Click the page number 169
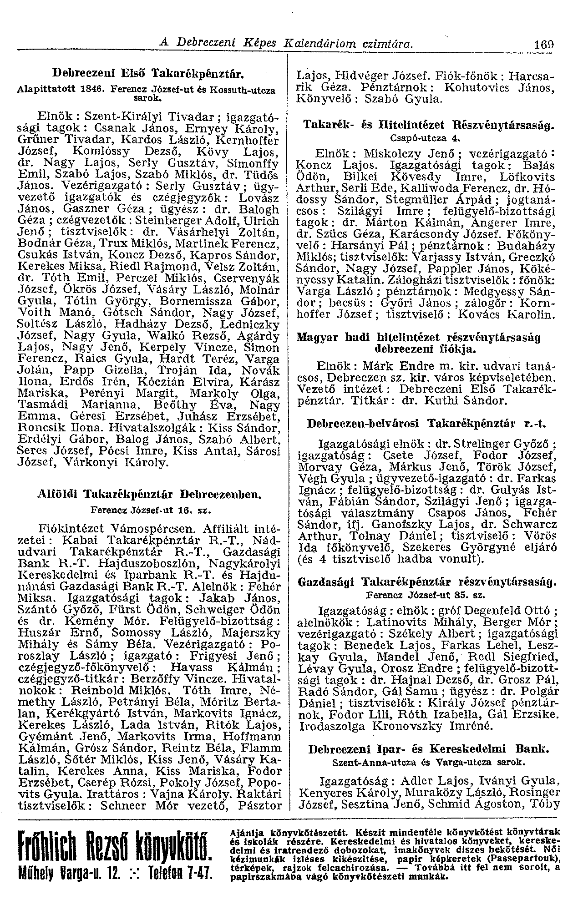[x=544, y=45]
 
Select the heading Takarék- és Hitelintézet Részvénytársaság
[x=429, y=123]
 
